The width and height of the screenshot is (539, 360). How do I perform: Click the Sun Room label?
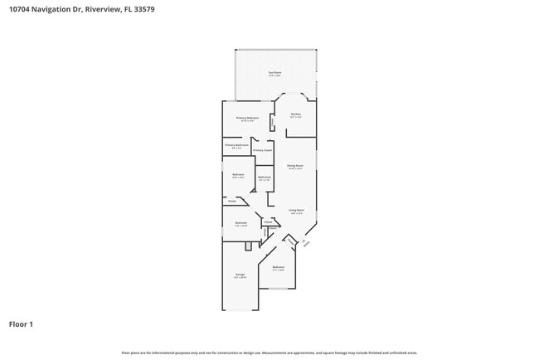tap(274, 73)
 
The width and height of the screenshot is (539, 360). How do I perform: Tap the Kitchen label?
tap(295, 114)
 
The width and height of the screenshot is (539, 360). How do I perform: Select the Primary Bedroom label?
tap(247, 119)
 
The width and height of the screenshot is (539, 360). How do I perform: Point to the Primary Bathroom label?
tap(236, 145)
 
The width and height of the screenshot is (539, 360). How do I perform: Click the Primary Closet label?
tap(262, 150)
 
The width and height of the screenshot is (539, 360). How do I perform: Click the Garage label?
tap(240, 275)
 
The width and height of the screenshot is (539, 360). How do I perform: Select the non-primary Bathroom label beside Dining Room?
tap(265, 178)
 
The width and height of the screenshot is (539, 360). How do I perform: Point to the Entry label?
tap(305, 243)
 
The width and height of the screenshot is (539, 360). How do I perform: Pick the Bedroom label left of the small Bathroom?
tap(238, 174)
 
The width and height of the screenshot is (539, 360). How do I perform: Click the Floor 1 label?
tap(21, 324)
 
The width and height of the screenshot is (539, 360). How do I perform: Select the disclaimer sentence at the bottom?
tap(269, 352)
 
